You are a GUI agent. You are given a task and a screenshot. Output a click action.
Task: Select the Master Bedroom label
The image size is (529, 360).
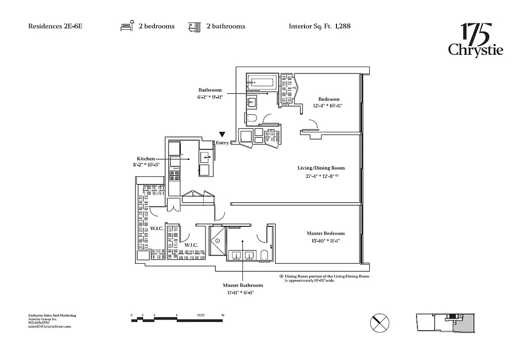point(326,233)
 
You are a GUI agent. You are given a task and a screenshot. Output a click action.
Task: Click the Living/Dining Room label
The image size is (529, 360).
point(321,168)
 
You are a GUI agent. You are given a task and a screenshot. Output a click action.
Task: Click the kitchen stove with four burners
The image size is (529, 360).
point(174,174)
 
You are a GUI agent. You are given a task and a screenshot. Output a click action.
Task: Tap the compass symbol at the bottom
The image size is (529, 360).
point(380,323)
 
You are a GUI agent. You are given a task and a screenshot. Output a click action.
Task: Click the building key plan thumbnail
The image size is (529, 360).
point(444,322)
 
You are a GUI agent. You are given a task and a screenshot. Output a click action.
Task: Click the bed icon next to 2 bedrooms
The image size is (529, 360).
point(127,26)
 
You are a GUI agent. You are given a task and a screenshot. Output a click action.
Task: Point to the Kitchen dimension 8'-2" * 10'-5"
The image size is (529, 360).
point(143,165)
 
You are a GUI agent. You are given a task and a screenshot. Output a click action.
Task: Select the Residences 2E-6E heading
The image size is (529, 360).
point(55,26)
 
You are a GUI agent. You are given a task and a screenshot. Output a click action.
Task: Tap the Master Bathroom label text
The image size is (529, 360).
point(242,285)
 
